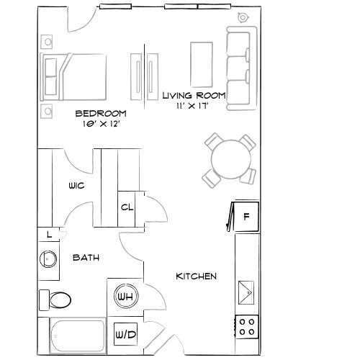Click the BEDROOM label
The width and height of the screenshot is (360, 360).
101,113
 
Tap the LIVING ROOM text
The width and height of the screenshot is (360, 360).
194,95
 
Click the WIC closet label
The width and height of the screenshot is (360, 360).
76,186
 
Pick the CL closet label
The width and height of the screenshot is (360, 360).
127,207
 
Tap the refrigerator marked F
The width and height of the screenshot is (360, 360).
246,215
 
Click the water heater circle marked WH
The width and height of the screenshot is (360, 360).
124,296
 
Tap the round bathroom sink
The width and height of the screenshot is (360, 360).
49,258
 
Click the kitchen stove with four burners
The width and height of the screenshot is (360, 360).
248,326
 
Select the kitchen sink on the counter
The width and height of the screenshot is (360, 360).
247,292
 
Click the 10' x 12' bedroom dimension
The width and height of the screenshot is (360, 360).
101,123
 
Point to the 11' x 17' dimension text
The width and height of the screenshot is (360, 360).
194,105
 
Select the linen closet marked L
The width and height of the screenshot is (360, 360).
48,234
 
